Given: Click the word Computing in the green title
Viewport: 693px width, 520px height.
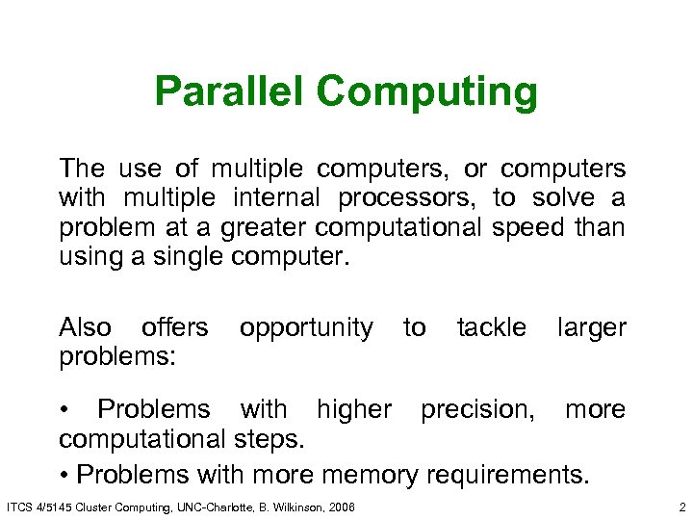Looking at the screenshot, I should (x=426, y=93).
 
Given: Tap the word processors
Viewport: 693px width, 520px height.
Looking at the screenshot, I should (x=408, y=198).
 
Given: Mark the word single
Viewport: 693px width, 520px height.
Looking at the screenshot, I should (x=186, y=259).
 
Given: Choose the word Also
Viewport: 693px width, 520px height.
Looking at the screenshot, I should (x=85, y=327).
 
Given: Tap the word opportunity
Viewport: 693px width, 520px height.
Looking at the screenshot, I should (x=306, y=328).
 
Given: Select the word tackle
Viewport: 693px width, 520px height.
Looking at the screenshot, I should (x=491, y=327).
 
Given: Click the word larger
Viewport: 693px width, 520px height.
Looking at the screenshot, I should (x=592, y=328).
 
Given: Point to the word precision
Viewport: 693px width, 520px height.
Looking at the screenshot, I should (x=477, y=409).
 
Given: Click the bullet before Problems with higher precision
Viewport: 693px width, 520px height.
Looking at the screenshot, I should (x=64, y=409).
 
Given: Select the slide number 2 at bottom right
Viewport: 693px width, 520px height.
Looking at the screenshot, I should (x=680, y=507).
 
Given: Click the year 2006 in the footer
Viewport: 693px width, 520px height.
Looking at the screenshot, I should (x=340, y=507).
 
